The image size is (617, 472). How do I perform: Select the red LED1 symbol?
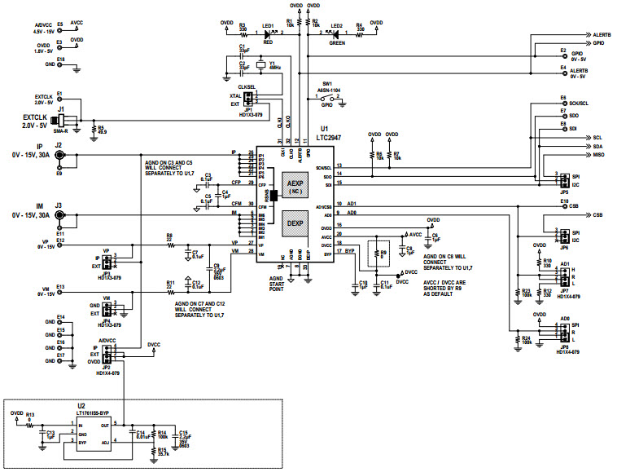268,34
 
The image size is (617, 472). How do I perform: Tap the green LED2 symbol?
335,34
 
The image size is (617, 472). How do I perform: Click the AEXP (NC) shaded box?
295,185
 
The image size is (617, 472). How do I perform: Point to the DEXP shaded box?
295,221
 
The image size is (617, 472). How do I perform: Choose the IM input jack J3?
59,215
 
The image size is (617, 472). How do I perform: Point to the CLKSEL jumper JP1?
248,99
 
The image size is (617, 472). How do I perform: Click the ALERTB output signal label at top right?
602,36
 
